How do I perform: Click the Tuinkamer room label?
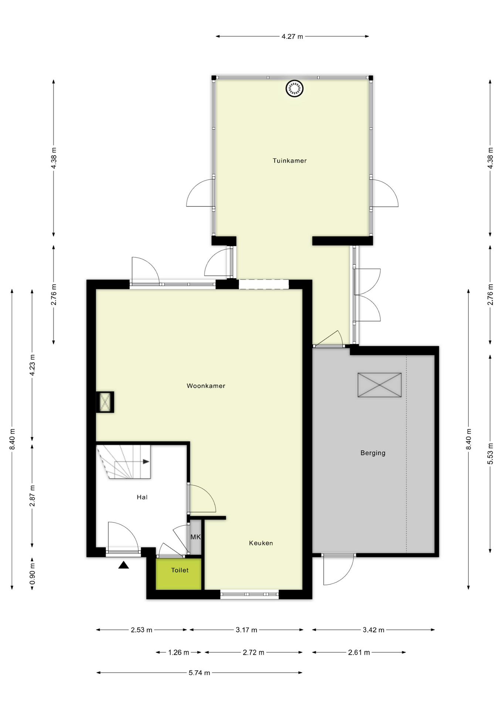(289, 161)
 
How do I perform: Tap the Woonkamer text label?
(206, 386)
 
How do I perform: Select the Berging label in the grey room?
(373, 453)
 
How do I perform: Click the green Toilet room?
(179, 574)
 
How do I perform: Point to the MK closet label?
(196, 537)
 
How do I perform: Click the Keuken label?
(261, 543)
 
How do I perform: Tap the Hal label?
(142, 497)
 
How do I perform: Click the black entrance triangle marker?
(123, 565)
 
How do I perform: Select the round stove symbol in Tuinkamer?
(295, 89)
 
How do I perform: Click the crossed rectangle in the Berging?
(379, 385)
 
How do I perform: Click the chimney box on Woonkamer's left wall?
(105, 402)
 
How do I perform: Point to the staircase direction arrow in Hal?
(146, 462)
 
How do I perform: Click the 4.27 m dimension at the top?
(292, 37)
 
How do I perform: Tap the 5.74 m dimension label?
(199, 673)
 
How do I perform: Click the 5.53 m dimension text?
(490, 453)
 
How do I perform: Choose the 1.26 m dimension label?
(179, 653)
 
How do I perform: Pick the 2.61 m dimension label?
(359, 653)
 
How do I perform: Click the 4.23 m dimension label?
(33, 365)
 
